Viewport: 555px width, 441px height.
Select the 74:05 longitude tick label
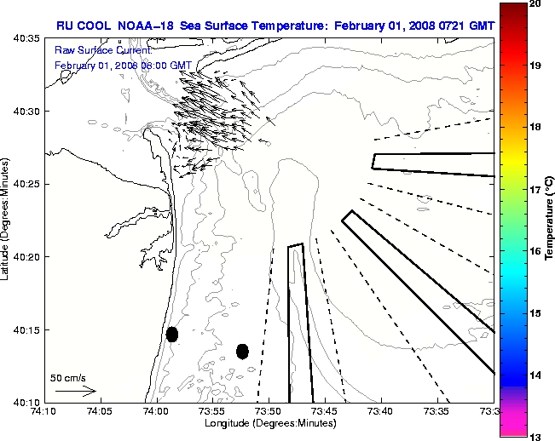click(x=99, y=411)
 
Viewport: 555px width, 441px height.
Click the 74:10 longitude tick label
click(x=43, y=411)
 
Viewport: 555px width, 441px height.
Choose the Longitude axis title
click(x=269, y=423)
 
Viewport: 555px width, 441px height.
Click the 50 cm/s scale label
click(x=66, y=377)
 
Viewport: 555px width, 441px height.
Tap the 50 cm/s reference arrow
click(x=76, y=391)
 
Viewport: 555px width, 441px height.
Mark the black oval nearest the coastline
click(x=172, y=334)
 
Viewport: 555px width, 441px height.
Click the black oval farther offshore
click(x=242, y=351)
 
